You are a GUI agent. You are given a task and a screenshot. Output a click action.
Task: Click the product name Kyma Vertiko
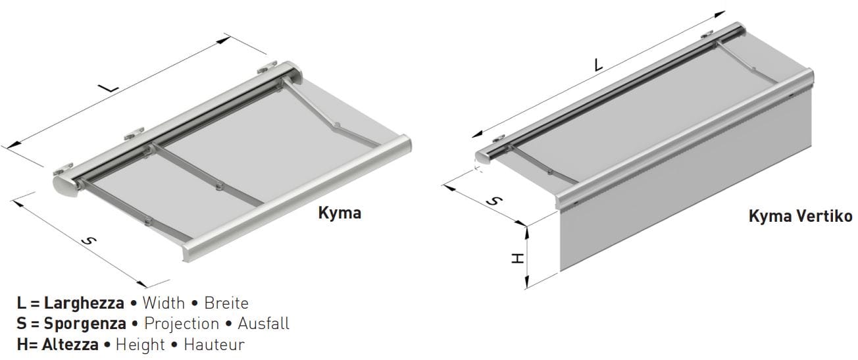[800, 217]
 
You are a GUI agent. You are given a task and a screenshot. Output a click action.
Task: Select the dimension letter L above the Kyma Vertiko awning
[598, 64]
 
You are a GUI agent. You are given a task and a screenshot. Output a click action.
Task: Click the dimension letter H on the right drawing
[518, 258]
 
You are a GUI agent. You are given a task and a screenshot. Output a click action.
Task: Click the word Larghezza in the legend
[84, 303]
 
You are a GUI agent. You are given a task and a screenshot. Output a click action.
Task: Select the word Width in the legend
[164, 303]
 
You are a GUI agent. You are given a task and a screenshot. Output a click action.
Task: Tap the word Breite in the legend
[226, 303]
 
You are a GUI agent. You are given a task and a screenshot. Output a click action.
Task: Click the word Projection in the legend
[182, 324]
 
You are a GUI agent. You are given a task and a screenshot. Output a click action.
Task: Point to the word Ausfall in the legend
[263, 324]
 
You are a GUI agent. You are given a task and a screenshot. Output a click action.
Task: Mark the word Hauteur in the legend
[214, 344]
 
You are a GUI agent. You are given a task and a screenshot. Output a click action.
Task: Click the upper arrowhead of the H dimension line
[527, 228]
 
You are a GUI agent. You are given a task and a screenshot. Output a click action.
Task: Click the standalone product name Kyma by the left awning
[340, 213]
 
